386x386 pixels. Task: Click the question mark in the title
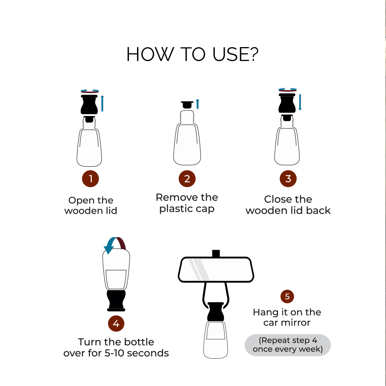click(x=252, y=54)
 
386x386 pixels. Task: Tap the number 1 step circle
click(x=90, y=179)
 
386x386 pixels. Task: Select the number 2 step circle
click(x=187, y=179)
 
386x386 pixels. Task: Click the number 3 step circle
click(x=288, y=179)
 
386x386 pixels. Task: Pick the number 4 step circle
click(x=116, y=323)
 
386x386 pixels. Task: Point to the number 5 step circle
click(x=287, y=296)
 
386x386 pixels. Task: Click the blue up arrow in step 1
click(x=102, y=103)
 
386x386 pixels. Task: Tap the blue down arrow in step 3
click(x=300, y=102)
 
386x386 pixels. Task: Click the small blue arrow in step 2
click(x=197, y=104)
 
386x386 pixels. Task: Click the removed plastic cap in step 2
click(x=187, y=105)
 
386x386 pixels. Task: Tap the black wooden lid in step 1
click(x=89, y=105)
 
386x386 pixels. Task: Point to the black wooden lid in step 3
click(x=287, y=103)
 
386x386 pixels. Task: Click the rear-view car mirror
click(x=216, y=269)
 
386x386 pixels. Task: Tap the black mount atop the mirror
click(x=216, y=254)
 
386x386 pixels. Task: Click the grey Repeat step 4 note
click(x=288, y=345)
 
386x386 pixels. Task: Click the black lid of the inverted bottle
click(x=116, y=301)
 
